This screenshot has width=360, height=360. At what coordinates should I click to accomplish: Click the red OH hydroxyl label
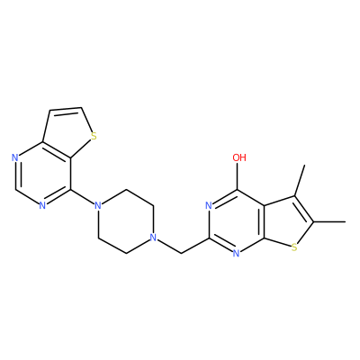coord(239,157)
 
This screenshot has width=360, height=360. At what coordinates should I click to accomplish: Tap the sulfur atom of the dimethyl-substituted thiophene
coord(294,247)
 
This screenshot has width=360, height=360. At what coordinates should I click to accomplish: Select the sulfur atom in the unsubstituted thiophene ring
coord(94,136)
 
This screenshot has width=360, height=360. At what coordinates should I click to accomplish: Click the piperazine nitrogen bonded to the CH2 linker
coord(153,238)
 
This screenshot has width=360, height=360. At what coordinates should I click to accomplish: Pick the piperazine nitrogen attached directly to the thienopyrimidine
coord(97,206)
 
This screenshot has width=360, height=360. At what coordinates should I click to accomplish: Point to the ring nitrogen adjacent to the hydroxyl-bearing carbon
coord(209,206)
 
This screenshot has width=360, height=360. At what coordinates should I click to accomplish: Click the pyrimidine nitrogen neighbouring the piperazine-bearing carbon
coord(42,206)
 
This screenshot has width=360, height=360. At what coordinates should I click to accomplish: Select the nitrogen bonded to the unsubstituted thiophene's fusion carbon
coord(14,157)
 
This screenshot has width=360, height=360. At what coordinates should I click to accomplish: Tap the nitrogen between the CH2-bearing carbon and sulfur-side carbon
coord(237,254)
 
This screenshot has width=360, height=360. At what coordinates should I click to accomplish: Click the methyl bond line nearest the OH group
coord(300,180)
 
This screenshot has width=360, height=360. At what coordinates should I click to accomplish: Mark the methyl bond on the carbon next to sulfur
coord(329,222)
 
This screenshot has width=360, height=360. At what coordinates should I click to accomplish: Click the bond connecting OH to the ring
coord(238,176)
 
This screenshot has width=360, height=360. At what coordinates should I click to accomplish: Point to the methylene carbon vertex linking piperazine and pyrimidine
coord(182,254)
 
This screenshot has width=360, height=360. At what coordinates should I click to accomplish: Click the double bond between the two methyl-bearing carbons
coord(304,209)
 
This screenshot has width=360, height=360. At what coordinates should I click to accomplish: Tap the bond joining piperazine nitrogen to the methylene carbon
coord(169,247)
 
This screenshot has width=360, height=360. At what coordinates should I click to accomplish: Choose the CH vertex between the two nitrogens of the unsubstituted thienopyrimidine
coord(14,190)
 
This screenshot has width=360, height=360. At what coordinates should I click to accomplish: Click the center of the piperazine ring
coord(125,222)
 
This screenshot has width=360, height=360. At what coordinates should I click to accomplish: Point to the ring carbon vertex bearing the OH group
coord(238,190)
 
